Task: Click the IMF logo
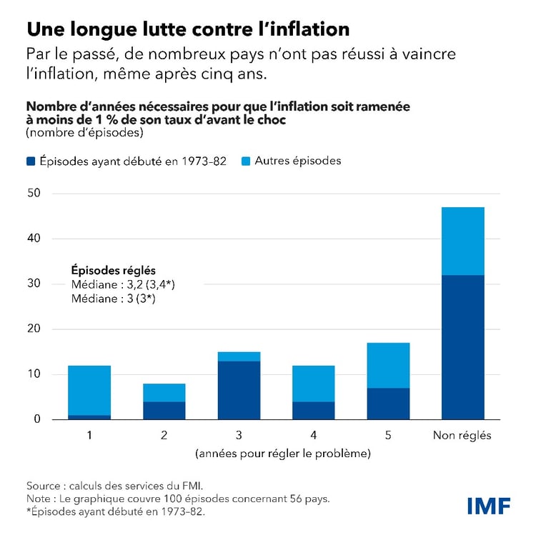pos(489,506)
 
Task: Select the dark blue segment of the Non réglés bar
pos(462,347)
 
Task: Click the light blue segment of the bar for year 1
pos(89,390)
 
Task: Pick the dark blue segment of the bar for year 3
pos(239,390)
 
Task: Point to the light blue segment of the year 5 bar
pos(388,365)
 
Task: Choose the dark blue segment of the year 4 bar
pos(313,410)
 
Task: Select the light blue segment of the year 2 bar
pos(164,392)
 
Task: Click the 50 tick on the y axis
pos(35,193)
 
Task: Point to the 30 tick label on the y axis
pos(35,284)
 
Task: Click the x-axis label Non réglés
pos(462,436)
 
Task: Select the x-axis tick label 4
pos(313,436)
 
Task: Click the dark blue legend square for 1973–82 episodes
pos(31,161)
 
